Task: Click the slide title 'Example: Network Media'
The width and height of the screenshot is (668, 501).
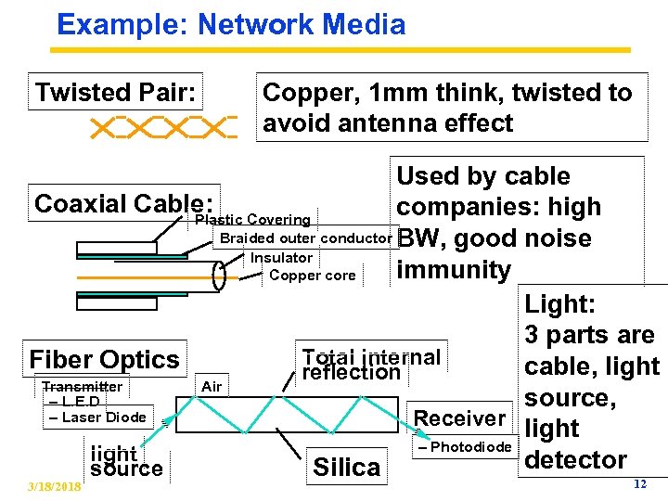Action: pyautogui.click(x=231, y=24)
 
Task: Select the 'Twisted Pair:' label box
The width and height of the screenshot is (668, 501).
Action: pyautogui.click(x=117, y=93)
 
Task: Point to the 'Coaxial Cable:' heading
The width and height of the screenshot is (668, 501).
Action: pyautogui.click(x=123, y=203)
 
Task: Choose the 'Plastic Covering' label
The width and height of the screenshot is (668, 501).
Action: pyautogui.click(x=252, y=220)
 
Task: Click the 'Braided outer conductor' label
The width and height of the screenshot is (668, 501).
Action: pyautogui.click(x=303, y=238)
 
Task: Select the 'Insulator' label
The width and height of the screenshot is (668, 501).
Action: pyautogui.click(x=281, y=257)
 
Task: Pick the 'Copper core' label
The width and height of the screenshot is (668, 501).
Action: pyautogui.click(x=312, y=276)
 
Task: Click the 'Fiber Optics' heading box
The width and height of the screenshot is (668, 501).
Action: pyautogui.click(x=105, y=359)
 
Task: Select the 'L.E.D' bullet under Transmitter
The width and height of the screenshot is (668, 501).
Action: pyautogui.click(x=77, y=402)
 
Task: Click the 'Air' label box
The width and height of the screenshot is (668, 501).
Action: pyautogui.click(x=212, y=386)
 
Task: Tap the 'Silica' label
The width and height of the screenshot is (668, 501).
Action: pyautogui.click(x=347, y=468)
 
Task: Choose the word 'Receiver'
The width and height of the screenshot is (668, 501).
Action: pyautogui.click(x=459, y=418)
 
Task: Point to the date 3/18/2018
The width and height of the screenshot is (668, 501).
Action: pyautogui.click(x=54, y=487)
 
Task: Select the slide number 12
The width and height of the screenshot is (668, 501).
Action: pyautogui.click(x=638, y=484)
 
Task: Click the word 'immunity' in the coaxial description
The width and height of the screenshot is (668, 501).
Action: pyautogui.click(x=454, y=270)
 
